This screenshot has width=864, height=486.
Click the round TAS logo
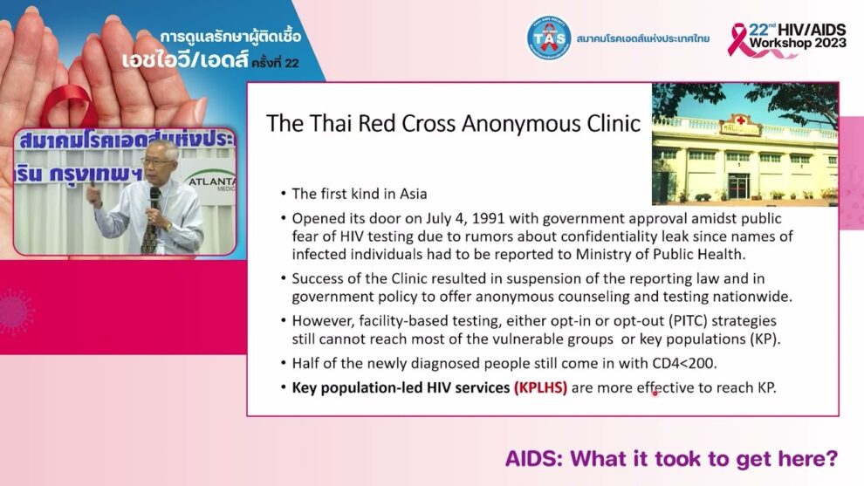click(548, 38)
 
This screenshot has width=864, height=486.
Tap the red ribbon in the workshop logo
click(740, 39)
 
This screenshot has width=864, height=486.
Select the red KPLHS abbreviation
click(540, 387)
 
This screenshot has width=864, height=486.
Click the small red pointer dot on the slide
click(655, 393)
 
